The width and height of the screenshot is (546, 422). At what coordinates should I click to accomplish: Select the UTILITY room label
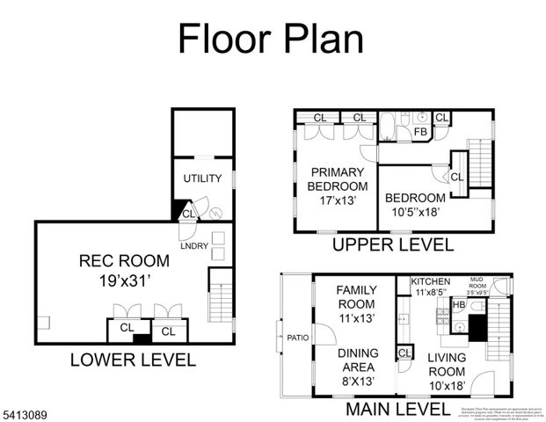point(202,178)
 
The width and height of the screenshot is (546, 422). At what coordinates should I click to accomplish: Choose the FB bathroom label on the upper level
point(420,132)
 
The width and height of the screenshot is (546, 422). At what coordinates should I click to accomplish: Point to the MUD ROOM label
point(476,281)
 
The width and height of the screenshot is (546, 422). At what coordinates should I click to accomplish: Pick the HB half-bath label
point(458,304)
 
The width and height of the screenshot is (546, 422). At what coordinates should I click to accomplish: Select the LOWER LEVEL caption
point(133,360)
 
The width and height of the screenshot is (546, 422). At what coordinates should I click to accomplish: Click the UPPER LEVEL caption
point(392,244)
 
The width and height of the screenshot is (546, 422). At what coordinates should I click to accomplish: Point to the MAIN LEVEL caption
point(397,409)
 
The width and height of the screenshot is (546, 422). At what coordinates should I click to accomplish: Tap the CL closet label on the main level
point(405,353)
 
